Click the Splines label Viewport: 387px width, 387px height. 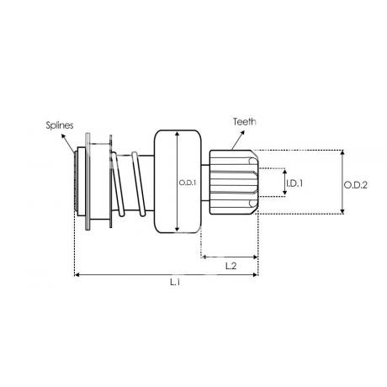coord(60,125)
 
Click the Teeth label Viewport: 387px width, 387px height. coord(245,122)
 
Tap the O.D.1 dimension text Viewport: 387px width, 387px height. coord(188,183)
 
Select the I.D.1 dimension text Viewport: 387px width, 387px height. coord(294,183)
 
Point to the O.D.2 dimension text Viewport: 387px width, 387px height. coord(356,185)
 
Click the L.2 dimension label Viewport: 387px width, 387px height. coord(231,266)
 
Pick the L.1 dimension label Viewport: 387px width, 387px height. coord(175,282)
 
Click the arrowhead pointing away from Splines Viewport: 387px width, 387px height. coord(64,136)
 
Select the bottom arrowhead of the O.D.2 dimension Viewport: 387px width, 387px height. coord(342,211)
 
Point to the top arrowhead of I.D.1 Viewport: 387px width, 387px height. coord(285,172)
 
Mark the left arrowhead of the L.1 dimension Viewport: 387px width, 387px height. coord(77,275)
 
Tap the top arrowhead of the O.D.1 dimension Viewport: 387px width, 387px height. coord(177,134)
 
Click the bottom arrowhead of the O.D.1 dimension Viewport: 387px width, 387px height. coord(177,229)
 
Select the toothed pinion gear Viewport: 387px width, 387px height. coord(234,183)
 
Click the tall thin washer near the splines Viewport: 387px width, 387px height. coord(87,182)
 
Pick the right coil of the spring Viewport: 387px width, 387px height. coord(139,184)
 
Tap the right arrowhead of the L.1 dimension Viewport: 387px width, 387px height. coord(255,275)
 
